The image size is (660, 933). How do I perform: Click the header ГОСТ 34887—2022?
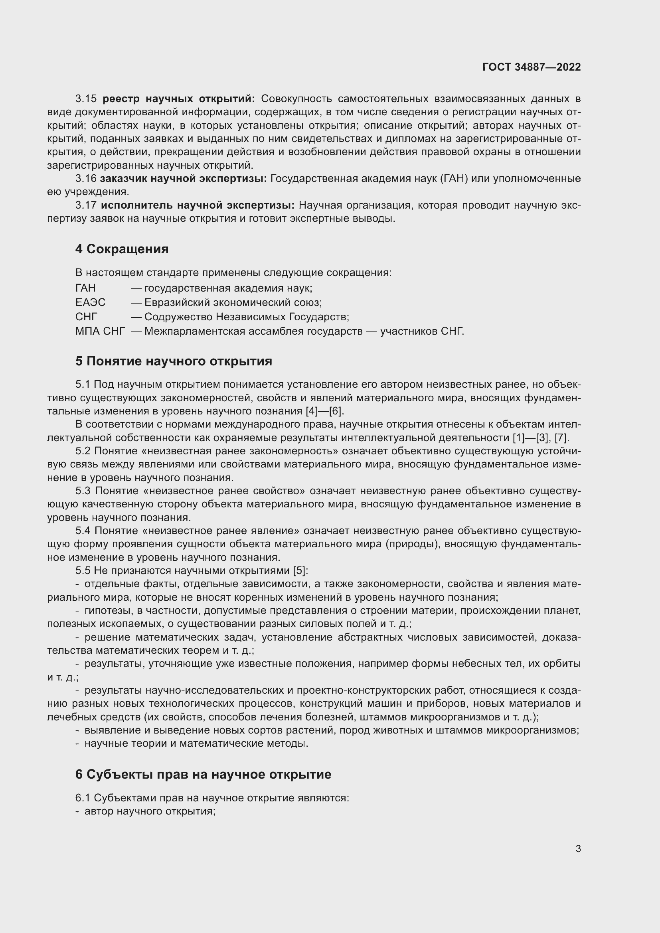pos(532,67)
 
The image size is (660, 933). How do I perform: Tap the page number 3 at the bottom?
pos(578,848)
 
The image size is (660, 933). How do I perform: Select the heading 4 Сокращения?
pos(122,249)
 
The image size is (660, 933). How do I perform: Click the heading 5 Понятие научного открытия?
pos(174,361)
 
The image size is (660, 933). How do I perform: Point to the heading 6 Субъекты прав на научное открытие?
pos(203,774)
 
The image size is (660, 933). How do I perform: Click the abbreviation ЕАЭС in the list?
pos(90,302)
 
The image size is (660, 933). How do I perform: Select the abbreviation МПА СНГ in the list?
pos(100,331)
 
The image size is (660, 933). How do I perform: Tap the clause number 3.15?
pos(86,99)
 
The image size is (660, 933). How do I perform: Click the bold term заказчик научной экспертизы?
pos(183,178)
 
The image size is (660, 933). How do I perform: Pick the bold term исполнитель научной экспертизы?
pos(198,205)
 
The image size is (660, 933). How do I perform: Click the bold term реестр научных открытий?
pos(179,99)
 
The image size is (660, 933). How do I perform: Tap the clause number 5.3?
pos(83,491)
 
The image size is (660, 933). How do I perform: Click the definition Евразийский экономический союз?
pos(233,302)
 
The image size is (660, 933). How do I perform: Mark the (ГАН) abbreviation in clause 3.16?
pos(453,178)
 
